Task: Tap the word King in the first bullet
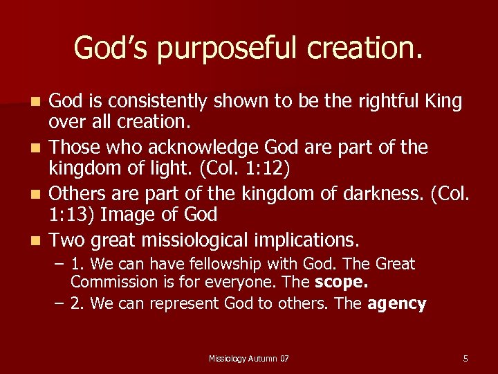click(x=442, y=101)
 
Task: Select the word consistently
click(x=149, y=101)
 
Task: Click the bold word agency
click(x=397, y=303)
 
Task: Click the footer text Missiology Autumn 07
click(x=249, y=358)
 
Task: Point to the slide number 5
click(x=465, y=358)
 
